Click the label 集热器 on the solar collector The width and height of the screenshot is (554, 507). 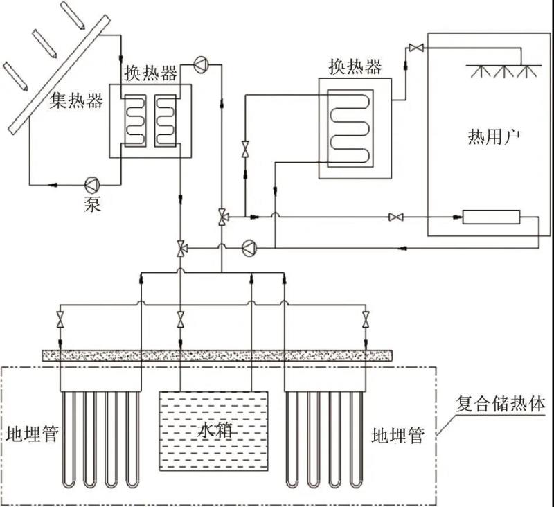(x=76, y=101)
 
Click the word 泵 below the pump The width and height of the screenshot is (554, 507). (x=91, y=205)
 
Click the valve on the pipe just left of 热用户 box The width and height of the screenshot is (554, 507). (x=395, y=218)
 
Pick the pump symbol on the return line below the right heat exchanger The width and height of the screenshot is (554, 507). (x=249, y=246)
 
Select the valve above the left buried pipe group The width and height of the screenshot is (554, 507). (x=60, y=320)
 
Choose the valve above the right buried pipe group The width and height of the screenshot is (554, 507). (x=365, y=320)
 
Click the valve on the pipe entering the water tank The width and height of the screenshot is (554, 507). (x=181, y=320)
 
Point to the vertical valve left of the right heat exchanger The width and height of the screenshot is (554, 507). (x=244, y=148)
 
